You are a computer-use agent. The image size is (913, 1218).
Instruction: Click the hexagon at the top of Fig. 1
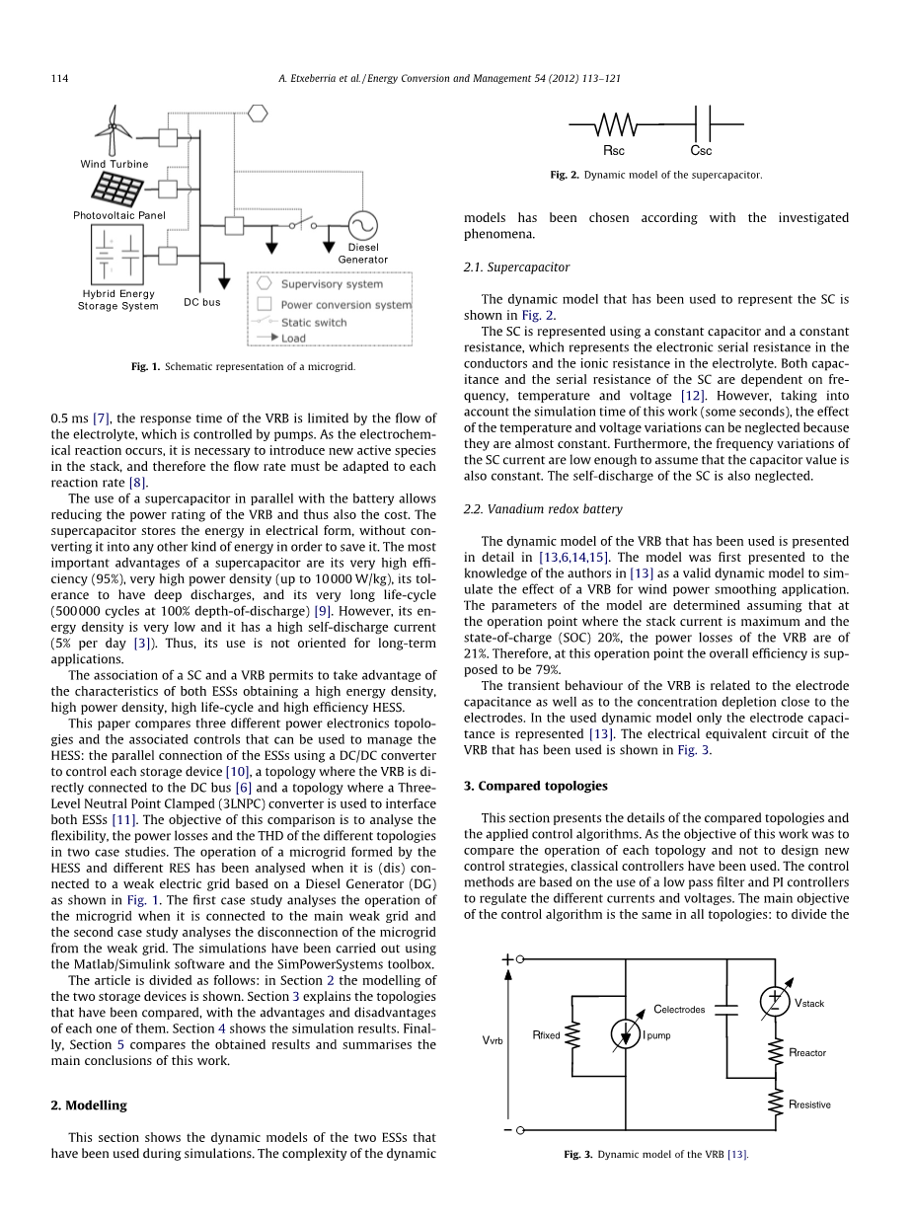258,113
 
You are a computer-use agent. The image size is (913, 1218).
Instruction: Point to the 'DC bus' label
202,302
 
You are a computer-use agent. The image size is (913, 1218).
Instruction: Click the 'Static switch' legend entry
314,322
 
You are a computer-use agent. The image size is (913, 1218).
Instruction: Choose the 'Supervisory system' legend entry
332,284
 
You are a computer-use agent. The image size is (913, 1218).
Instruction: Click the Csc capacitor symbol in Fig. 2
701,125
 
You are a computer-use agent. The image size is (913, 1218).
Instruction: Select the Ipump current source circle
626,1033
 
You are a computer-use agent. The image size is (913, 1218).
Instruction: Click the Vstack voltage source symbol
775,1001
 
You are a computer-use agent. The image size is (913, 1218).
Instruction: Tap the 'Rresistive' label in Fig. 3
809,1104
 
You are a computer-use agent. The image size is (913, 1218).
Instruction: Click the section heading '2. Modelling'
89,1105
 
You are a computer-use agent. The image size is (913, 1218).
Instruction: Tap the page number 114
59,78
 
